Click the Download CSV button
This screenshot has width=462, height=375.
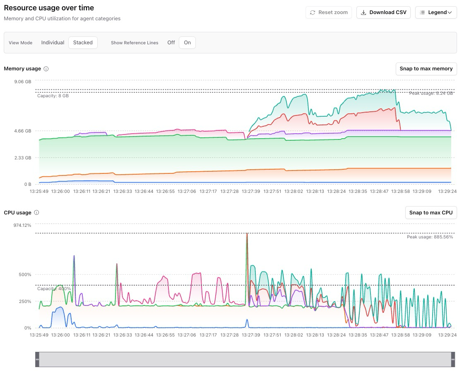pos(383,12)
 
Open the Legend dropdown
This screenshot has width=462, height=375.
pos(436,12)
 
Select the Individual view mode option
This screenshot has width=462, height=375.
pos(53,43)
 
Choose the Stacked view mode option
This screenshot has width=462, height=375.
pos(83,43)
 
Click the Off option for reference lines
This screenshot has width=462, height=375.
pos(171,43)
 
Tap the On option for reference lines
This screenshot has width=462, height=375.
pos(187,43)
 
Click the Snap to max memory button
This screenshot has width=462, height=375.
pos(426,69)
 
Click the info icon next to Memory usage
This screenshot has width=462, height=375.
pos(46,69)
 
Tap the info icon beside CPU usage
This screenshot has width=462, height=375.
pos(36,213)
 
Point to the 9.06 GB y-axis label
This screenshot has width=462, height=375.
pos(22,82)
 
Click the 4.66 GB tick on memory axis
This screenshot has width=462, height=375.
pos(22,131)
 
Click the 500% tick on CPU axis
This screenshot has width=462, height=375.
pos(24,274)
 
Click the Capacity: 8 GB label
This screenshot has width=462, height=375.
pos(53,96)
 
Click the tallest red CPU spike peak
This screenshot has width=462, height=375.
pos(247,234)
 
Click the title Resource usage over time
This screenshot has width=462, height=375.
pos(49,8)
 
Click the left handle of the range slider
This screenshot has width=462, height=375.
pos(37,359)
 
